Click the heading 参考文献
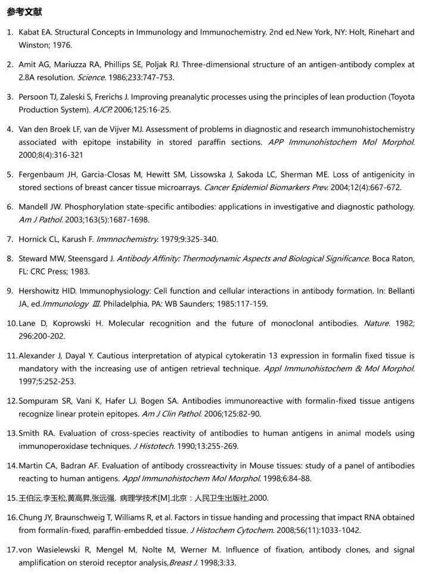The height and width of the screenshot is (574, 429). [x=24, y=12]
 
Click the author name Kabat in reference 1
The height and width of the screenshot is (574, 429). [x=29, y=32]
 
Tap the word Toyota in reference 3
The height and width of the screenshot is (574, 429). [x=402, y=97]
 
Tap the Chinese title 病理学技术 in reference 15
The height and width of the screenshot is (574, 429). [x=138, y=498]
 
